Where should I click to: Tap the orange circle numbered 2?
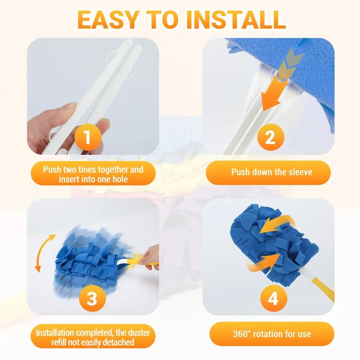pos(270,138)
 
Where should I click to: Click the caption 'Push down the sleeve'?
pos(271,172)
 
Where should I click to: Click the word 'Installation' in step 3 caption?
pos(57,333)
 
